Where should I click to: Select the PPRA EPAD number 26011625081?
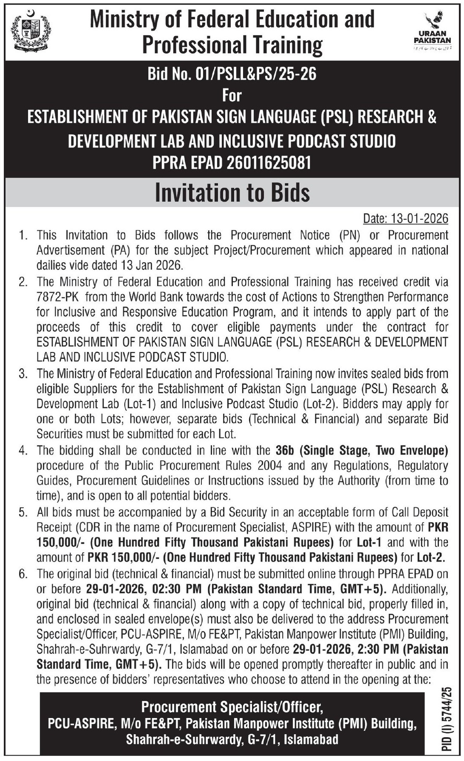point(269,162)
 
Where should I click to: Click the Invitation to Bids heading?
point(232,193)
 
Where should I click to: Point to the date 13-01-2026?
point(419,219)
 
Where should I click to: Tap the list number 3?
point(23,374)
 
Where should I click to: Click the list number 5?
point(23,512)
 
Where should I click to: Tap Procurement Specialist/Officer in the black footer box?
point(232,707)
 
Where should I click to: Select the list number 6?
point(23,574)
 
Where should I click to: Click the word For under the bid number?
point(232,95)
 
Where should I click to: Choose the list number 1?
point(23,235)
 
